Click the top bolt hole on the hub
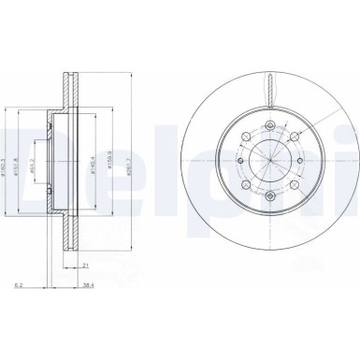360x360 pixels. pyautogui.click(x=269, y=130)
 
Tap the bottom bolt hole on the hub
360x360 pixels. pyautogui.click(x=269, y=190)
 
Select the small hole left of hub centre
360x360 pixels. pyautogui.click(x=239, y=160)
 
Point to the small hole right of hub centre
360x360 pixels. pyautogui.click(x=299, y=160)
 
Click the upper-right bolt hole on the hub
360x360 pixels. pyautogui.click(x=291, y=138)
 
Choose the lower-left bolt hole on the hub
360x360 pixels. pyautogui.click(x=248, y=181)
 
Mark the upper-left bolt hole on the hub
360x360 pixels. pyautogui.click(x=248, y=138)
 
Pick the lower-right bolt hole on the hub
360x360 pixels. pyautogui.click(x=291, y=181)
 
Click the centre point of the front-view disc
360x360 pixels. pyautogui.click(x=269, y=160)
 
